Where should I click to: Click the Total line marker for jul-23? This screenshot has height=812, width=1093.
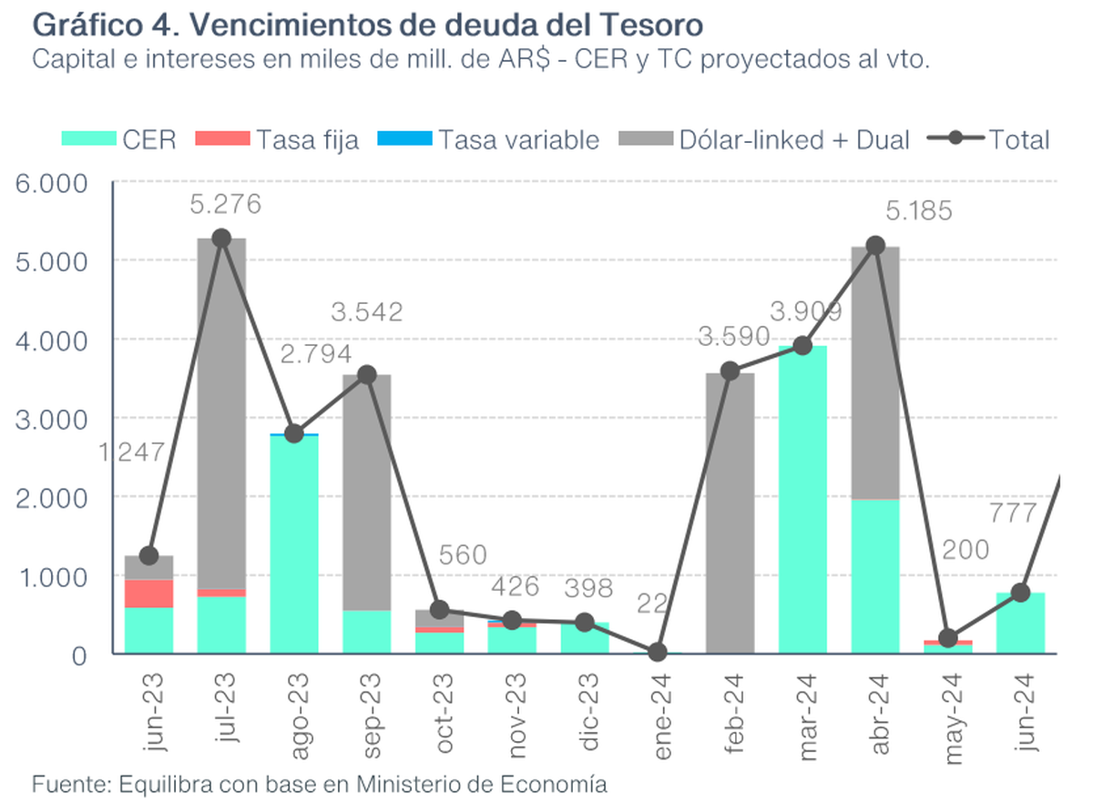click(x=220, y=238)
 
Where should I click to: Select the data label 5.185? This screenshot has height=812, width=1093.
click(x=919, y=212)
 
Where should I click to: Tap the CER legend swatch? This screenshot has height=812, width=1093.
click(x=88, y=139)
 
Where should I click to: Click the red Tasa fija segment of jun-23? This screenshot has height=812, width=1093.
click(x=148, y=593)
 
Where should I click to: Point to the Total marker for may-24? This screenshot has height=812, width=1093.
click(x=948, y=638)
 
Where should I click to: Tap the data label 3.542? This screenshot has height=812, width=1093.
click(x=368, y=312)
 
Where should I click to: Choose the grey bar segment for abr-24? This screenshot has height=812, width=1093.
click(x=875, y=373)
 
